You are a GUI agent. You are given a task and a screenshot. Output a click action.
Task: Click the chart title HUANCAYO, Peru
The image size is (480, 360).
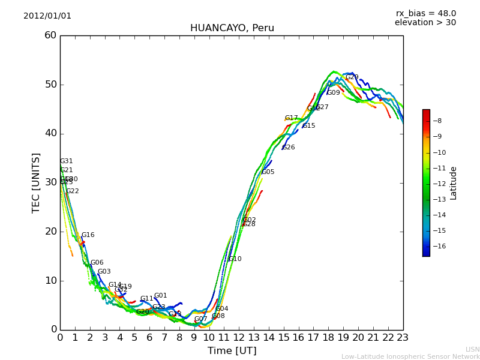232,28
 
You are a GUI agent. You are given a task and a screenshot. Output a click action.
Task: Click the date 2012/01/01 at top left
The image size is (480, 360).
47,16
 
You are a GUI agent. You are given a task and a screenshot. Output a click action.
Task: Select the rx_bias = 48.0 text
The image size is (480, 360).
425,14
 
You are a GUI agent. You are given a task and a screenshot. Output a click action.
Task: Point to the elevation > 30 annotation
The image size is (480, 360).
425,23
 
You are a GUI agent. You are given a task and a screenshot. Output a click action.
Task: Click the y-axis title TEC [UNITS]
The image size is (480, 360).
36,182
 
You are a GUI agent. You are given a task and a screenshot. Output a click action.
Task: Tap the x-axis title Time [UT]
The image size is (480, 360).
232,351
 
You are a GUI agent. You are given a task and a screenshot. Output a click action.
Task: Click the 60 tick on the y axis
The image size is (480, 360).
50,35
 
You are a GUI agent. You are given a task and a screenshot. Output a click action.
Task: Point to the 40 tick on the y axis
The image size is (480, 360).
50,133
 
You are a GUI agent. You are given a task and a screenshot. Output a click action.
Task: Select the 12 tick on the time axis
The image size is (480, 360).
239,337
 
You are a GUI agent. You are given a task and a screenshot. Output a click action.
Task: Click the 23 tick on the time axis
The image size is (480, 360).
403,337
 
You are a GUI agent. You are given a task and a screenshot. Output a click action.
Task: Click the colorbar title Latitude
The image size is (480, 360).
454,183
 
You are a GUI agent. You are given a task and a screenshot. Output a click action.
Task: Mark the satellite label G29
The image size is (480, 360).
352,77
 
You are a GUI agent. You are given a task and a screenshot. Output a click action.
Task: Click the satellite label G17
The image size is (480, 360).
291,118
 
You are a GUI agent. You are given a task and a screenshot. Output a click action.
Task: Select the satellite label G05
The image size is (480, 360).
268,172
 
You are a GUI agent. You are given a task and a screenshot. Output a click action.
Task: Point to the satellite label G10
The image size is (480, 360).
235,259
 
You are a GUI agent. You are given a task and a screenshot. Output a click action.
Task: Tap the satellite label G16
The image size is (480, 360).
88,235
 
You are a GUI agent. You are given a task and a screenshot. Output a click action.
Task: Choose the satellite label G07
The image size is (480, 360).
200,319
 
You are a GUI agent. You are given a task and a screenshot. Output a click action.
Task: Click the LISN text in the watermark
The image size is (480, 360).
472,349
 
